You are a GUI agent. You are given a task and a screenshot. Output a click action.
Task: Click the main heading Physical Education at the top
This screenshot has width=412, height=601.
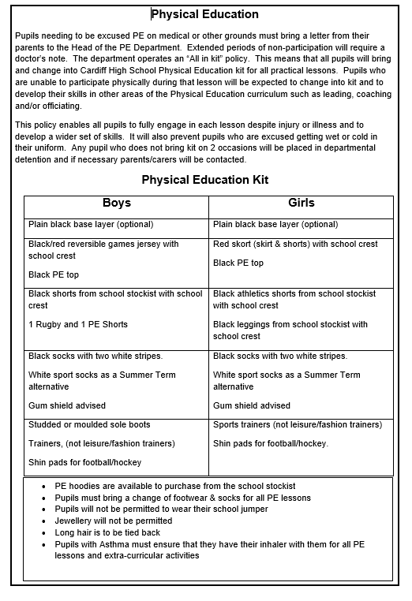tap(204, 14)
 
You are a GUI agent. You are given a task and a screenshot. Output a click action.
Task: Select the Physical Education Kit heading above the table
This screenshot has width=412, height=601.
tap(205, 180)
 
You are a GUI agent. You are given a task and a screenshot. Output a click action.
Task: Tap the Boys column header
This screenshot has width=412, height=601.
tap(117, 203)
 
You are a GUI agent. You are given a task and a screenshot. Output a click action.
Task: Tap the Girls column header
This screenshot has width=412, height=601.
tap(302, 203)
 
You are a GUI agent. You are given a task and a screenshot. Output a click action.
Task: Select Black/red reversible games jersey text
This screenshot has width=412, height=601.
tap(103, 245)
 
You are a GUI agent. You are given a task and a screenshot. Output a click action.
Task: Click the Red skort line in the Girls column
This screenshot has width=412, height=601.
tap(295, 245)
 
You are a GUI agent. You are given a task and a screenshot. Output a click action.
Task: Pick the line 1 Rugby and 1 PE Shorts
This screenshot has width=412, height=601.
tap(78, 325)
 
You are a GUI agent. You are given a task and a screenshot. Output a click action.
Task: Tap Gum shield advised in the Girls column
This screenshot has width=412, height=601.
tap(252, 406)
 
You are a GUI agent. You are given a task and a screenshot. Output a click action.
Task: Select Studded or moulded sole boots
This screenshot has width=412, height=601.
tap(89, 425)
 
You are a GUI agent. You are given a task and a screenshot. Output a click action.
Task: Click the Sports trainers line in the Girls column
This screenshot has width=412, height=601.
tap(298, 425)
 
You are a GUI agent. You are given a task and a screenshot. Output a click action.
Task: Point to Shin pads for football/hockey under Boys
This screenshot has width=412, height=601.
tap(85, 462)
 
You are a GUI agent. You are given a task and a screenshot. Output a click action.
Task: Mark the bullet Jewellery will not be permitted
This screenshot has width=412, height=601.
tap(114, 521)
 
